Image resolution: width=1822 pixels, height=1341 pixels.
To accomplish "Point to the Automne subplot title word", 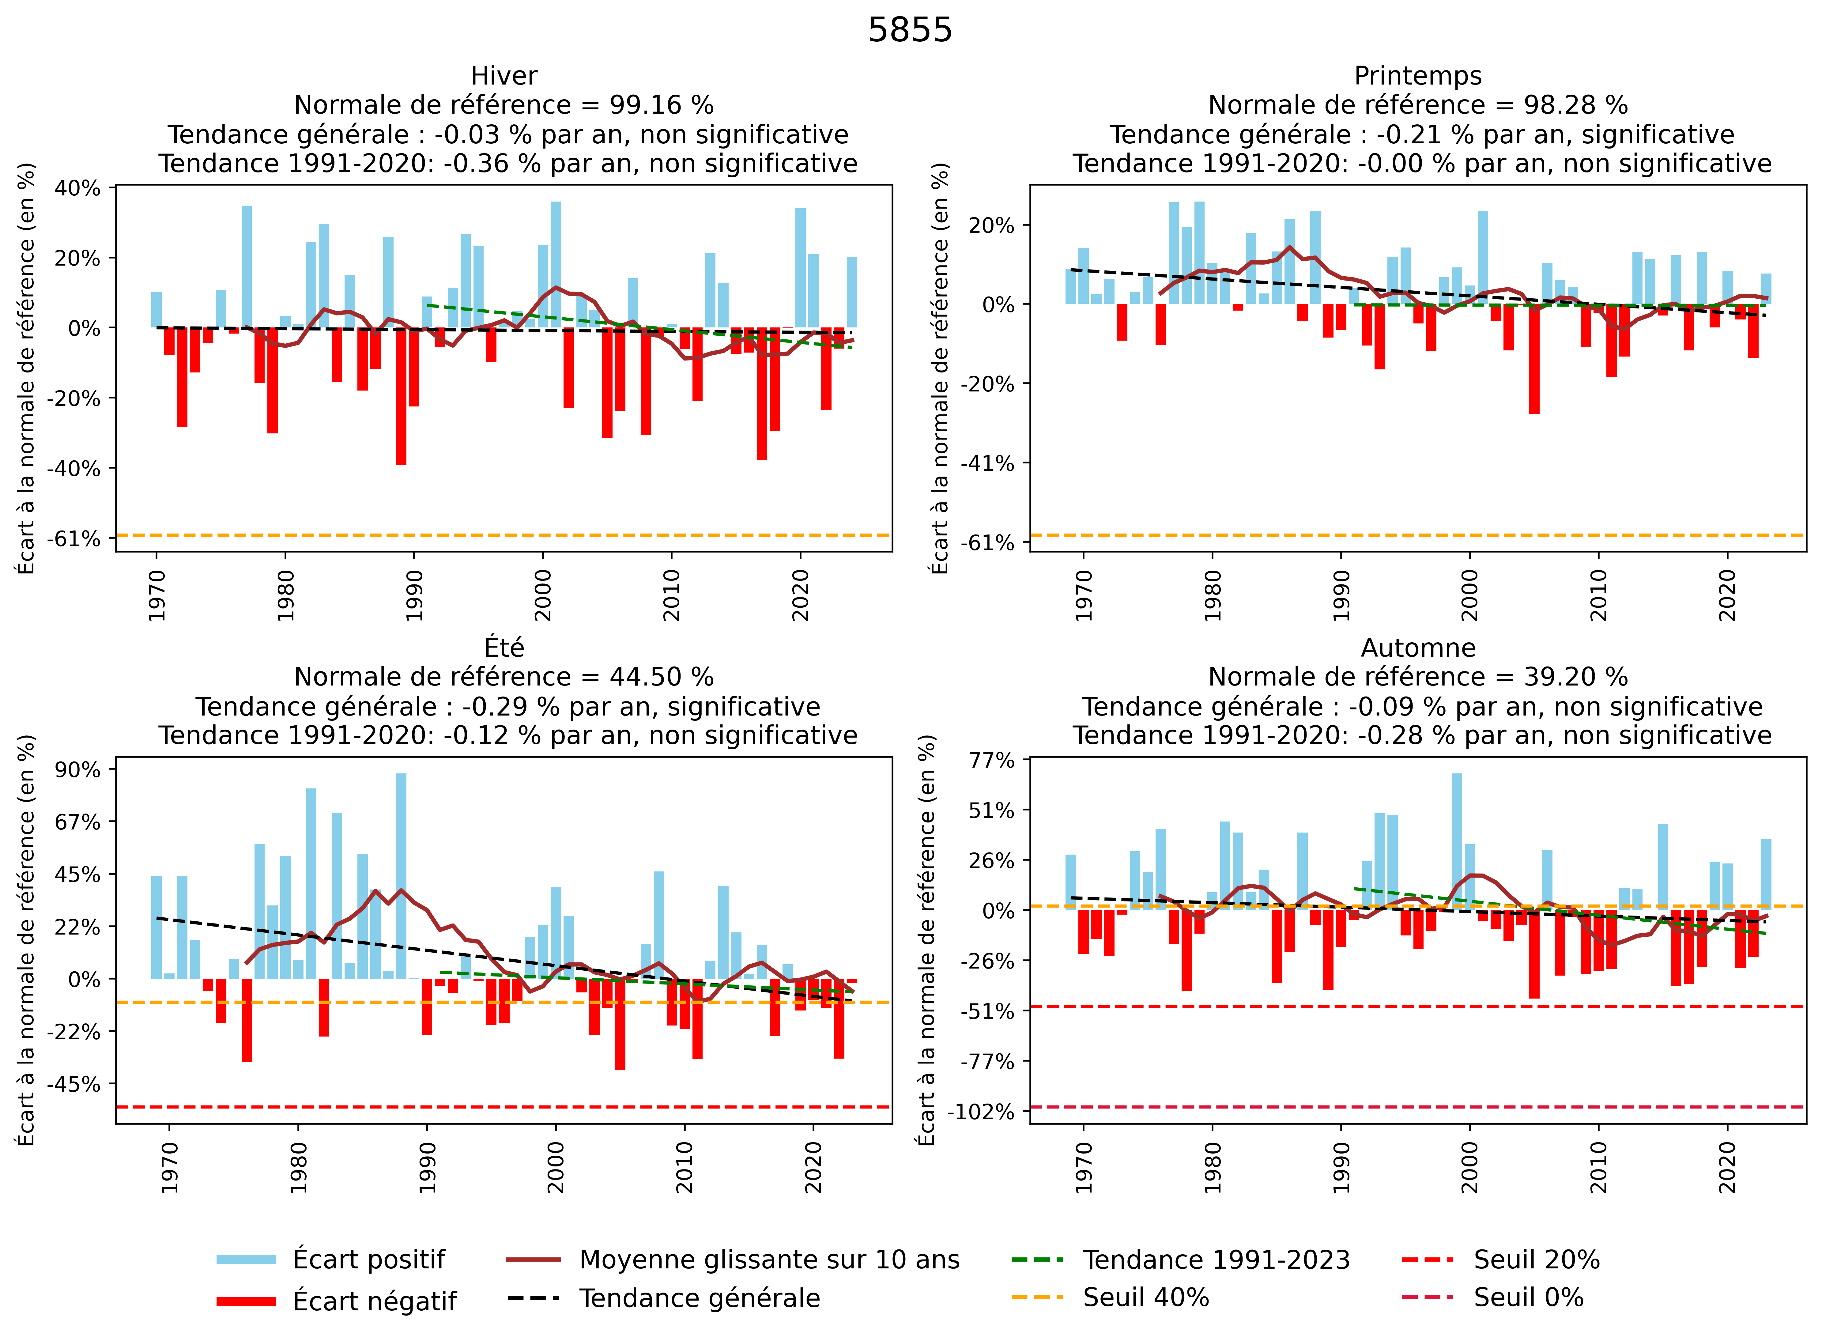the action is (x=1418, y=648).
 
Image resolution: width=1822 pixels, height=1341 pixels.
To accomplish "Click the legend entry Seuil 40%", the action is (x=1146, y=1297).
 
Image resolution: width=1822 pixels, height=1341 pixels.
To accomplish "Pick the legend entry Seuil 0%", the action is (x=1528, y=1297).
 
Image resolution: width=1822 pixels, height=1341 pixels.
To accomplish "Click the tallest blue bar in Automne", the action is (x=1457, y=841).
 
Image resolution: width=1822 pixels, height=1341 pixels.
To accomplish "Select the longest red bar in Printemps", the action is (x=1534, y=359).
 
